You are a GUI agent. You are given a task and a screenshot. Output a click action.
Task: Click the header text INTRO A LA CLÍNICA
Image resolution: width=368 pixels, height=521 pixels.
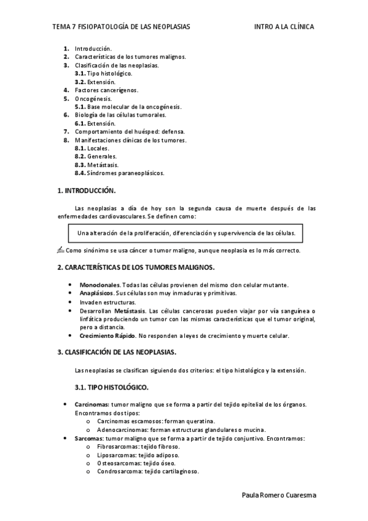click(284, 27)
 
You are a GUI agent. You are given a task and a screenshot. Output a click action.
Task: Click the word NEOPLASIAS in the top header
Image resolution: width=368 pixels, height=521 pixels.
click(170, 27)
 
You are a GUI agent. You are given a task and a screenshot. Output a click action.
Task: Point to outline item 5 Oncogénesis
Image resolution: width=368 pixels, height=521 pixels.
click(93, 98)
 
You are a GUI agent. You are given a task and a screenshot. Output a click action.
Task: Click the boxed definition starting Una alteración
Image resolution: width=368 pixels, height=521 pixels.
click(187, 233)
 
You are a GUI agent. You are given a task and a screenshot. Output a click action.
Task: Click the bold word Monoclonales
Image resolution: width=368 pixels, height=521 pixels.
click(100, 285)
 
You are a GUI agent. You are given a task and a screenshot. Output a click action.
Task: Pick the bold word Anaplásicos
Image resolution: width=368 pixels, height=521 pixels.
click(97, 294)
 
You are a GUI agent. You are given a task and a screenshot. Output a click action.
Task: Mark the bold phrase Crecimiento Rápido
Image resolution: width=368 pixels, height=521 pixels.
click(107, 335)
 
